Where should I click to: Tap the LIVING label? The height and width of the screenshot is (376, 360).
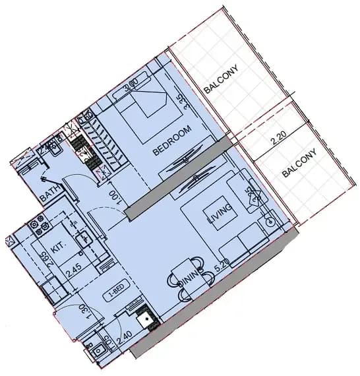click(219, 215)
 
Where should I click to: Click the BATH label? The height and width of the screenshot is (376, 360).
click(49, 193)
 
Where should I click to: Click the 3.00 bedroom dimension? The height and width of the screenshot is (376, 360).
click(131, 84)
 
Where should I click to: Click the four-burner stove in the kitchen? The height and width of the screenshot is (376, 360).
click(39, 227)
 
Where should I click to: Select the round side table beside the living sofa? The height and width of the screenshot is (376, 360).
click(270, 222)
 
